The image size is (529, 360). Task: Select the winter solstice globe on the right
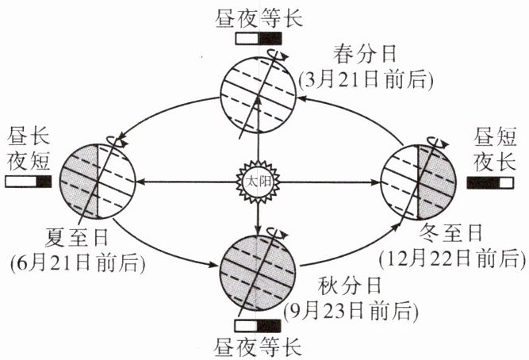(417, 182)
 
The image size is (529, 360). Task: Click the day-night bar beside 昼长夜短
(29, 182)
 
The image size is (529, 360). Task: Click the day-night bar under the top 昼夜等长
(259, 37)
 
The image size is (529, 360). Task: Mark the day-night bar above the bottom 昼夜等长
(259, 325)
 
